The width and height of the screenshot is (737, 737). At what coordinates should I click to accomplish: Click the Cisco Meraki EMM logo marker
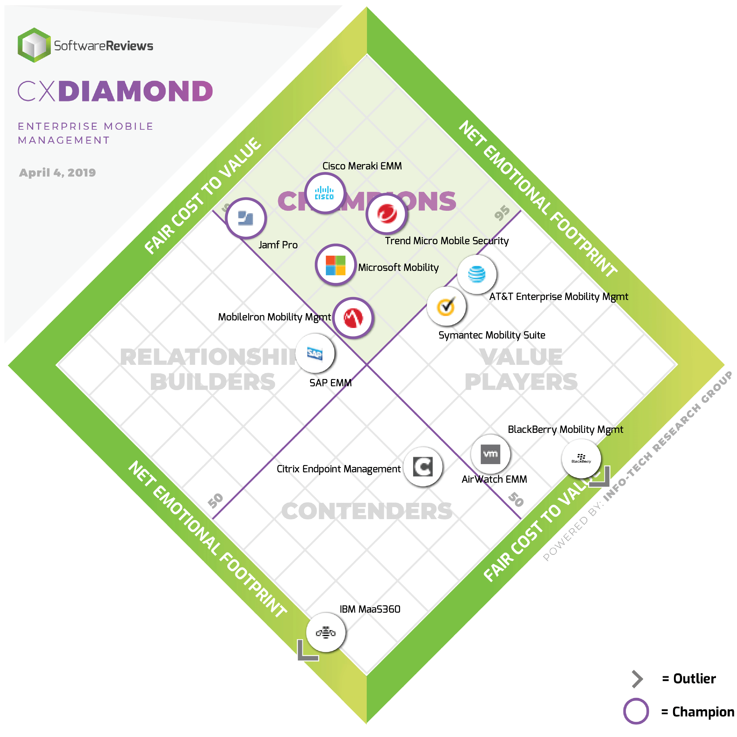[325, 193]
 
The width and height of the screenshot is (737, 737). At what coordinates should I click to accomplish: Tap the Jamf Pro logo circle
[246, 218]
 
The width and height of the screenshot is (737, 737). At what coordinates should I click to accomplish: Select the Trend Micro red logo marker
[387, 214]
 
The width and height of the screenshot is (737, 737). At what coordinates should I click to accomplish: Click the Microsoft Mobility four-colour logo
[335, 265]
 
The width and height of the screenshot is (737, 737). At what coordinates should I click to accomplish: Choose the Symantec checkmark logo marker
[446, 306]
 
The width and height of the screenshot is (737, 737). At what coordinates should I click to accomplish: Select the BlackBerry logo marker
[581, 458]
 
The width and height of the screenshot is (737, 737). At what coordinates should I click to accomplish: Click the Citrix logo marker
[423, 466]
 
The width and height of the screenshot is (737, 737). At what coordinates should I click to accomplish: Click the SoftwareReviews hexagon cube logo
[34, 45]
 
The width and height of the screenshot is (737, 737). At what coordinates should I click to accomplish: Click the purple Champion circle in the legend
[636, 711]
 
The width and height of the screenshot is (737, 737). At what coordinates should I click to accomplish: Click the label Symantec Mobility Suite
[492, 335]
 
